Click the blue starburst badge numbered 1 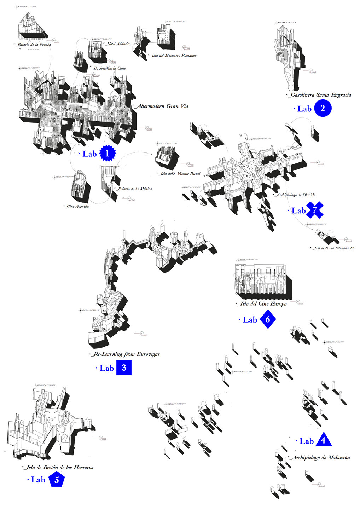(x=108, y=154)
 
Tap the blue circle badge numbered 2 (x=322, y=108)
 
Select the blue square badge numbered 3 (x=124, y=368)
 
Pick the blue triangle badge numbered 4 (x=323, y=440)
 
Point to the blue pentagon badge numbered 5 (x=57, y=480)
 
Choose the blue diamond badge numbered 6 (x=268, y=319)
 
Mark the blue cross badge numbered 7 (x=314, y=210)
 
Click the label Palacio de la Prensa (x=34, y=45)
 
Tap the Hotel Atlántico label (x=118, y=44)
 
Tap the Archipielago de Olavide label (x=296, y=195)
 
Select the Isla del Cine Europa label (x=263, y=304)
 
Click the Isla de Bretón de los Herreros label (x=59, y=467)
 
